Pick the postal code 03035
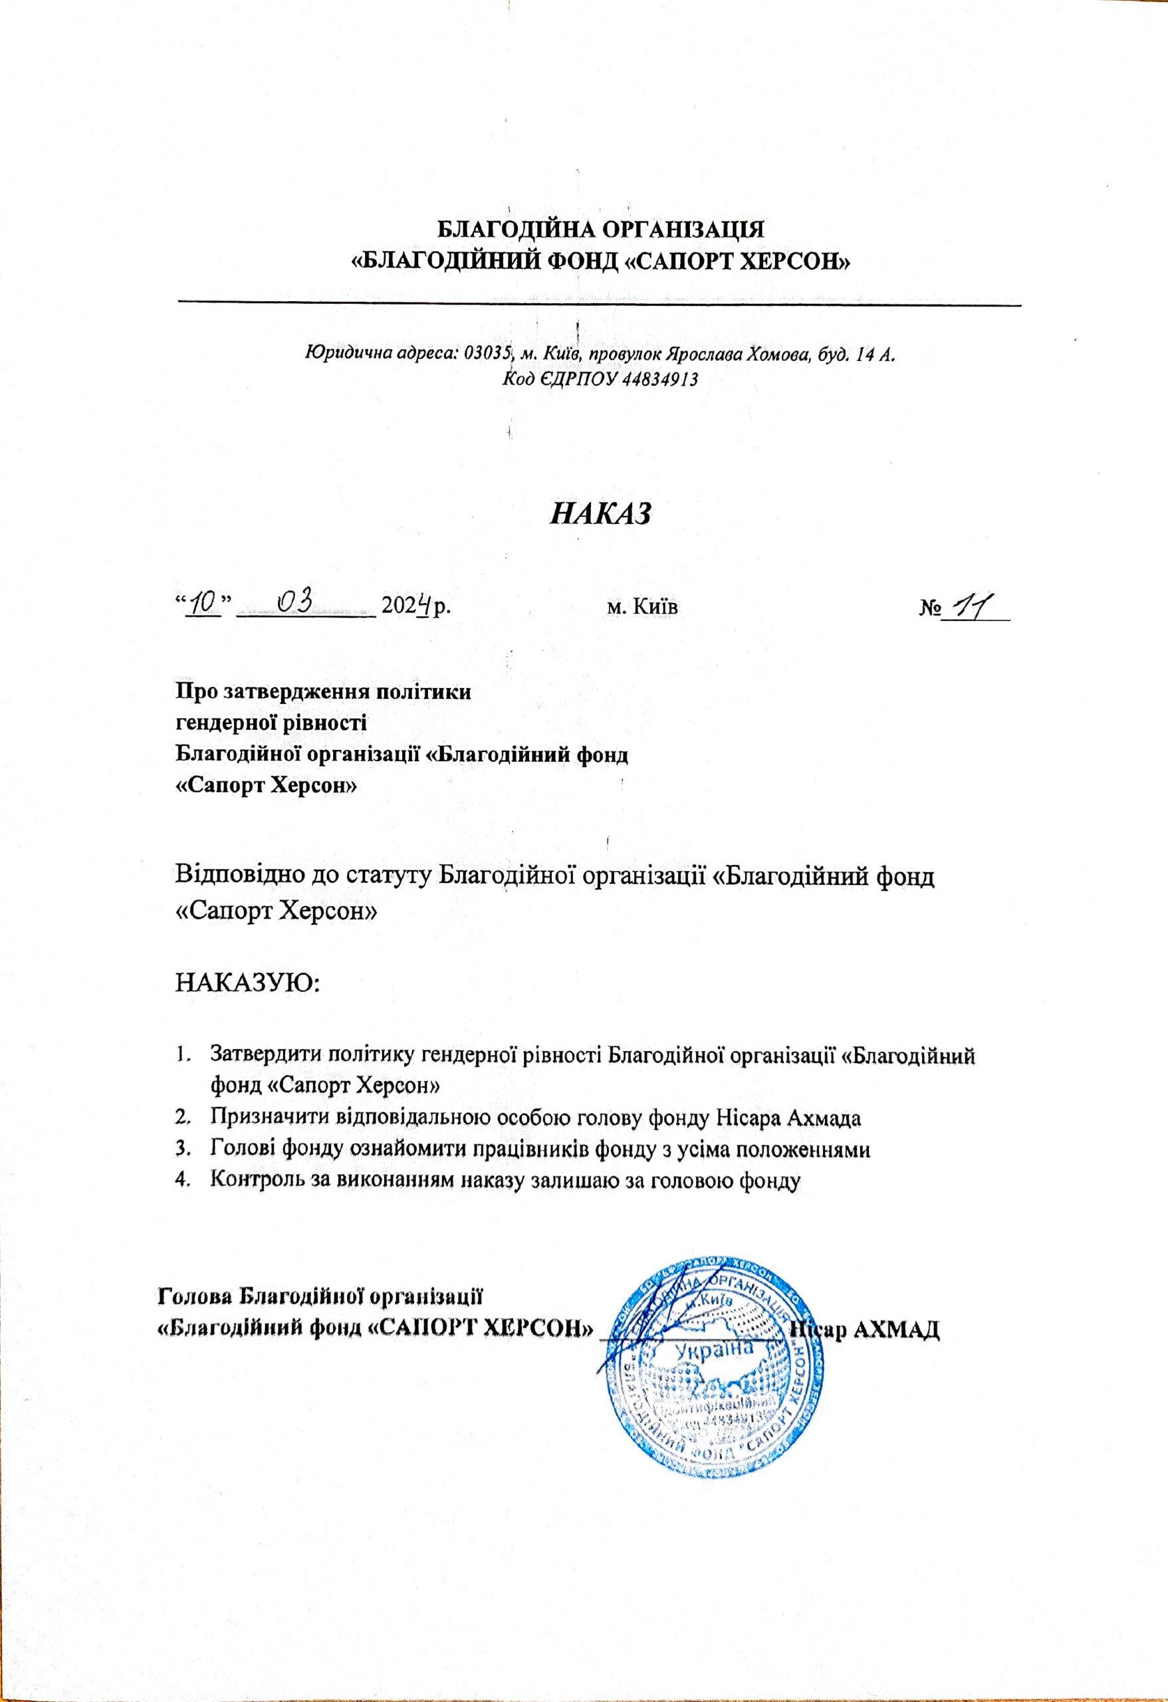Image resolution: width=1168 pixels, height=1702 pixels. tap(486, 354)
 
